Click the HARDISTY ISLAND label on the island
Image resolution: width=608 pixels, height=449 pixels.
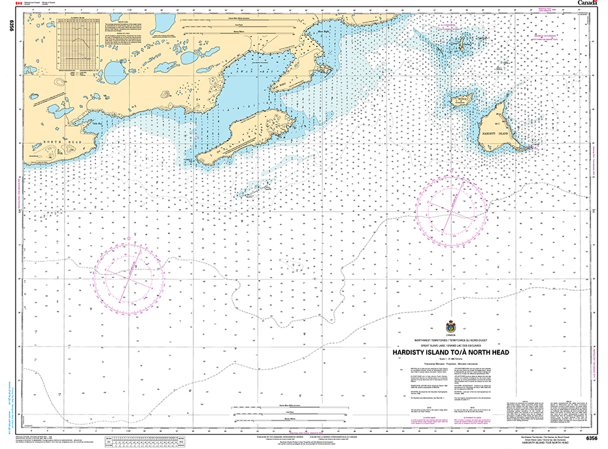point(494,133)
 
